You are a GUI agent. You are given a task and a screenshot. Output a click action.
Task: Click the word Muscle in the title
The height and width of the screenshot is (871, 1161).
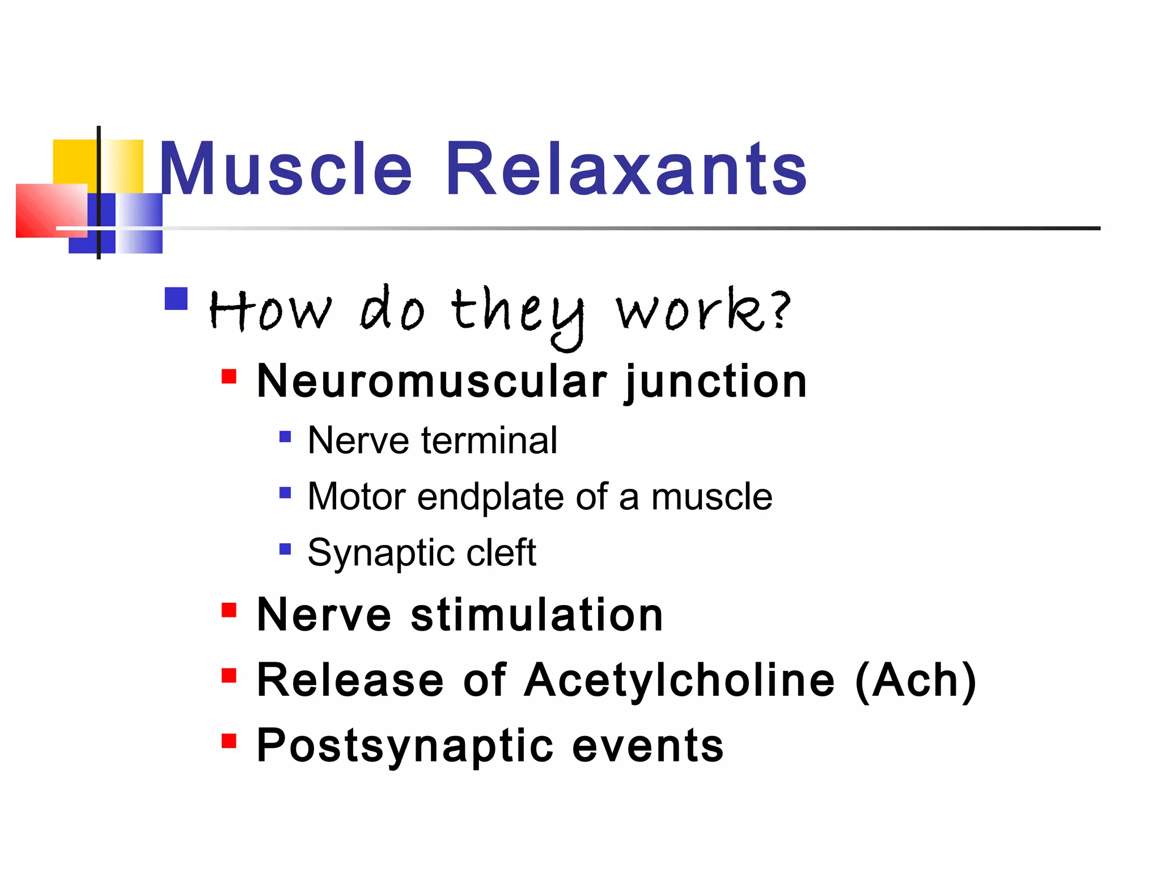286,169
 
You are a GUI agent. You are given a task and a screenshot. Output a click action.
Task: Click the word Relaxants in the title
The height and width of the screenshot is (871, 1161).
626,169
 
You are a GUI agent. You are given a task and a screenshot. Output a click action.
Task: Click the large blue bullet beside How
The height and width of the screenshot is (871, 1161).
176,299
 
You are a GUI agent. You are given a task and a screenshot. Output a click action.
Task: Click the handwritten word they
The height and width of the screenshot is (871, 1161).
517,312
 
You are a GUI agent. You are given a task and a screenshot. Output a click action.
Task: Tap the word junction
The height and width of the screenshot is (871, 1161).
715,382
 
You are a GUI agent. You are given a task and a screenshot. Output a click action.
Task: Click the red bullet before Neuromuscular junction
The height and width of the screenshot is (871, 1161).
229,377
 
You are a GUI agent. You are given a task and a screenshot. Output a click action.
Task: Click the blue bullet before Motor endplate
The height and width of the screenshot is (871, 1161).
285,492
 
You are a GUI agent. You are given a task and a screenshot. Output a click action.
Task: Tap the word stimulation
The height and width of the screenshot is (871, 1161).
536,615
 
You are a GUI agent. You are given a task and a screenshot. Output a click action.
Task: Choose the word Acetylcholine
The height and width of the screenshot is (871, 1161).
679,680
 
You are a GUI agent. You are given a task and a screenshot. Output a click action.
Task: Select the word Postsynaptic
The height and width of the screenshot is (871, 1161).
404,746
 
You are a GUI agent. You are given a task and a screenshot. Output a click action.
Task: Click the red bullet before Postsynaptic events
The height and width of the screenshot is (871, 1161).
229,741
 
